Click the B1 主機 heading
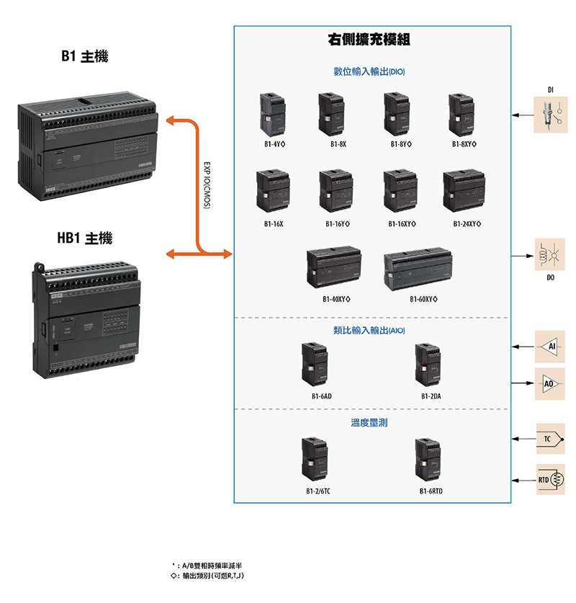(x=84, y=56)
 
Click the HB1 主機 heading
(x=84, y=238)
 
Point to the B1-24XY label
(x=467, y=224)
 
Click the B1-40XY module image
(x=333, y=268)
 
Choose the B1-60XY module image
(x=418, y=270)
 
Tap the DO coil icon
(x=550, y=255)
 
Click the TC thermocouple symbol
(x=550, y=438)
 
